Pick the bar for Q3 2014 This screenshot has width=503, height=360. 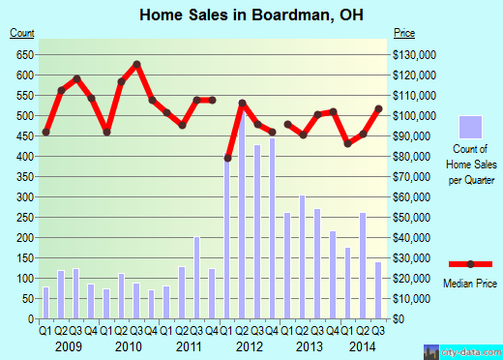(x=378, y=290)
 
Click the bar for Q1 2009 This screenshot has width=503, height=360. (x=45, y=303)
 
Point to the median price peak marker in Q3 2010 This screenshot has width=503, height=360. (x=136, y=65)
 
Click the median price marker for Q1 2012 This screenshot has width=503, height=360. (x=228, y=158)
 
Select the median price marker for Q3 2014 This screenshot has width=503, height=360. (x=378, y=108)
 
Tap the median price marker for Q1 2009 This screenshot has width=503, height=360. (x=45, y=132)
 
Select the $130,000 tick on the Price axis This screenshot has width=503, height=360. (x=414, y=54)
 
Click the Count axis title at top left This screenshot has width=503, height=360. (x=22, y=34)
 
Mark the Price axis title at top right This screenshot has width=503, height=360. (x=404, y=34)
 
